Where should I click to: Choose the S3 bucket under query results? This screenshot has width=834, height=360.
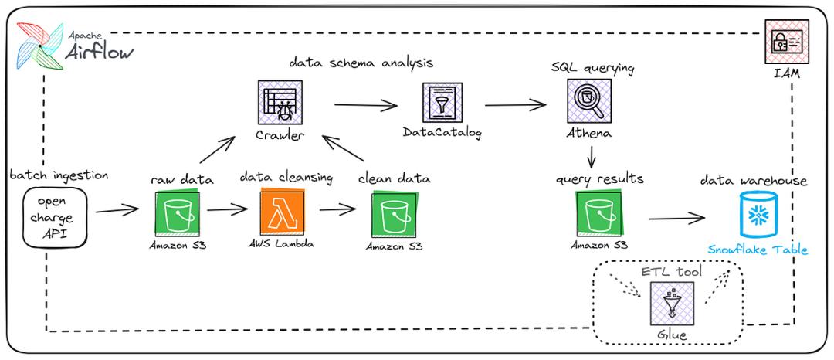pyautogui.click(x=598, y=214)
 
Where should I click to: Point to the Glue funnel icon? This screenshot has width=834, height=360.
pyautogui.click(x=670, y=304)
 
